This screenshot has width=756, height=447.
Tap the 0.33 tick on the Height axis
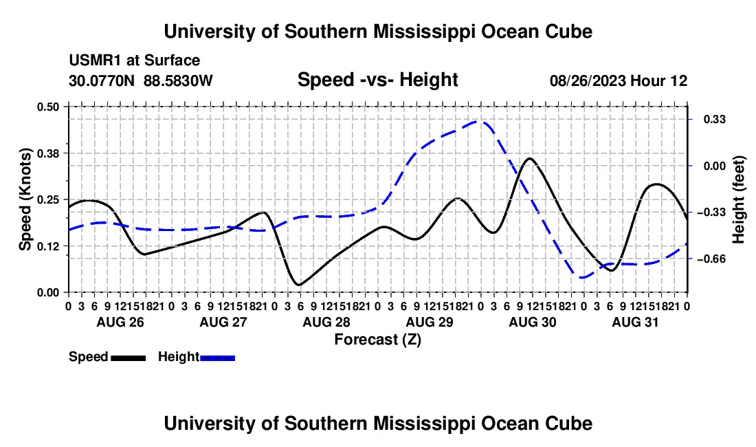715,119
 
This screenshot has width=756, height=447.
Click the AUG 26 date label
120,322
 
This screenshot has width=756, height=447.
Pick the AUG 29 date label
430,322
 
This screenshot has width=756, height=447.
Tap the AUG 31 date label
635,322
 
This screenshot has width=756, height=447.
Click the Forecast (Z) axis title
378,340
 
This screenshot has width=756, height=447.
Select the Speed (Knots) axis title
25,199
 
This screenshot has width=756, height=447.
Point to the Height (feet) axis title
739,199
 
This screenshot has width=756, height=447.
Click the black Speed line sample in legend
129,358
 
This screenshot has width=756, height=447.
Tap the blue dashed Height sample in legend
217,358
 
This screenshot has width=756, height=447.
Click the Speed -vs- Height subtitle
377,80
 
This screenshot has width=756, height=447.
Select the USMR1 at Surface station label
135,61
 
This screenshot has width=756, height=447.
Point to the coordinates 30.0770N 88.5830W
141,80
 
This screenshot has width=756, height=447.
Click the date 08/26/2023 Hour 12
619,80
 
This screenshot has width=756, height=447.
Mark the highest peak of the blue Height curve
479,121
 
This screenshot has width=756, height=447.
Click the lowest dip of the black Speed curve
299,285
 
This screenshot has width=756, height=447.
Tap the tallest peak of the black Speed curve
530,158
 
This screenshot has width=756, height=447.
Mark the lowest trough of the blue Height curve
583,278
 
